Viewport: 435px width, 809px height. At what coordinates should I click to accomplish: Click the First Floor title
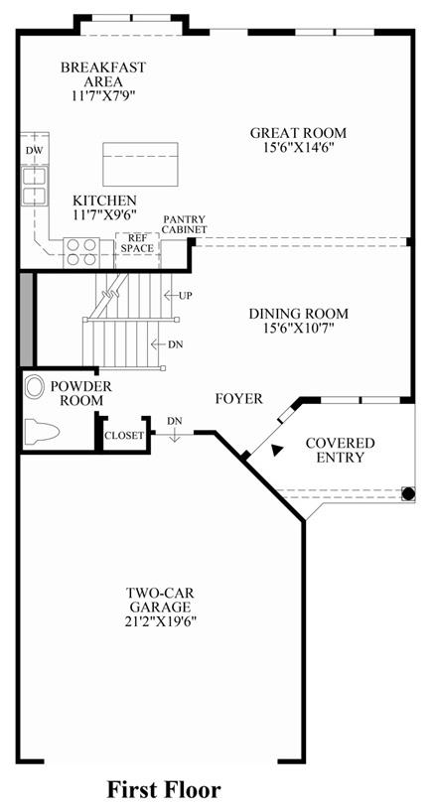point(164,789)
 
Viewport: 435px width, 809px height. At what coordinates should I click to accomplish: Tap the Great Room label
point(298,133)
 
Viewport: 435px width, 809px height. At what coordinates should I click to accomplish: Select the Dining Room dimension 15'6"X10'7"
point(298,328)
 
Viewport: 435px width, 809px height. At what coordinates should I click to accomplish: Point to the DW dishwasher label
point(34,150)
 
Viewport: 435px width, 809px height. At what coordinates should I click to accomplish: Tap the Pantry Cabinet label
point(184,224)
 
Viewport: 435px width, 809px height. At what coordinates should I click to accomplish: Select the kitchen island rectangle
point(140,164)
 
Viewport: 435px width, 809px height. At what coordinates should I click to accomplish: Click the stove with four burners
point(81,252)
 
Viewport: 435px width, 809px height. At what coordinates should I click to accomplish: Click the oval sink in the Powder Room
point(34,387)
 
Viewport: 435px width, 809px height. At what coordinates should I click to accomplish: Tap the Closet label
point(124,436)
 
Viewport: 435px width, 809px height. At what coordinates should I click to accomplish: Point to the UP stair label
point(185,296)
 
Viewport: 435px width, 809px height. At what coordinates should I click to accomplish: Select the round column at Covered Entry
point(408,493)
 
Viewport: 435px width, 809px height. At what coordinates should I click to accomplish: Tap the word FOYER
point(239,398)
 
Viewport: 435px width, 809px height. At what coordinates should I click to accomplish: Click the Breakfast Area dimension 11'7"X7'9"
point(103,95)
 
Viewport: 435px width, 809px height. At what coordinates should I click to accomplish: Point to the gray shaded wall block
point(26,320)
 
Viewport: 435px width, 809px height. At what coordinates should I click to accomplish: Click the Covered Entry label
point(340,450)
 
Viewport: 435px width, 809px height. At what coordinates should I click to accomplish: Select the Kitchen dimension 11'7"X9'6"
point(104,213)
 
